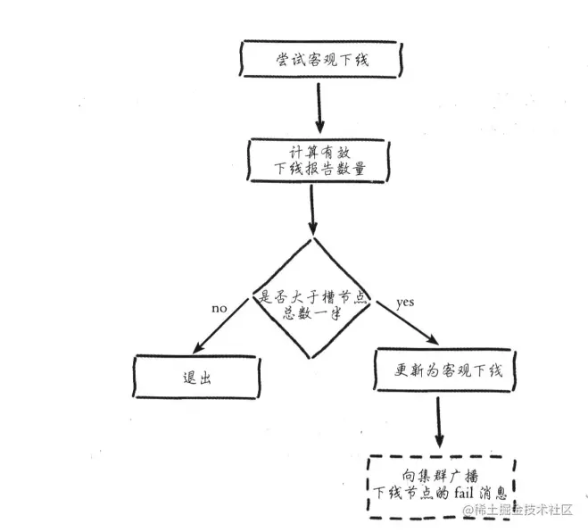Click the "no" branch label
(219, 308)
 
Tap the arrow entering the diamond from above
(311, 211)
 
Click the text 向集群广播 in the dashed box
(436, 474)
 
